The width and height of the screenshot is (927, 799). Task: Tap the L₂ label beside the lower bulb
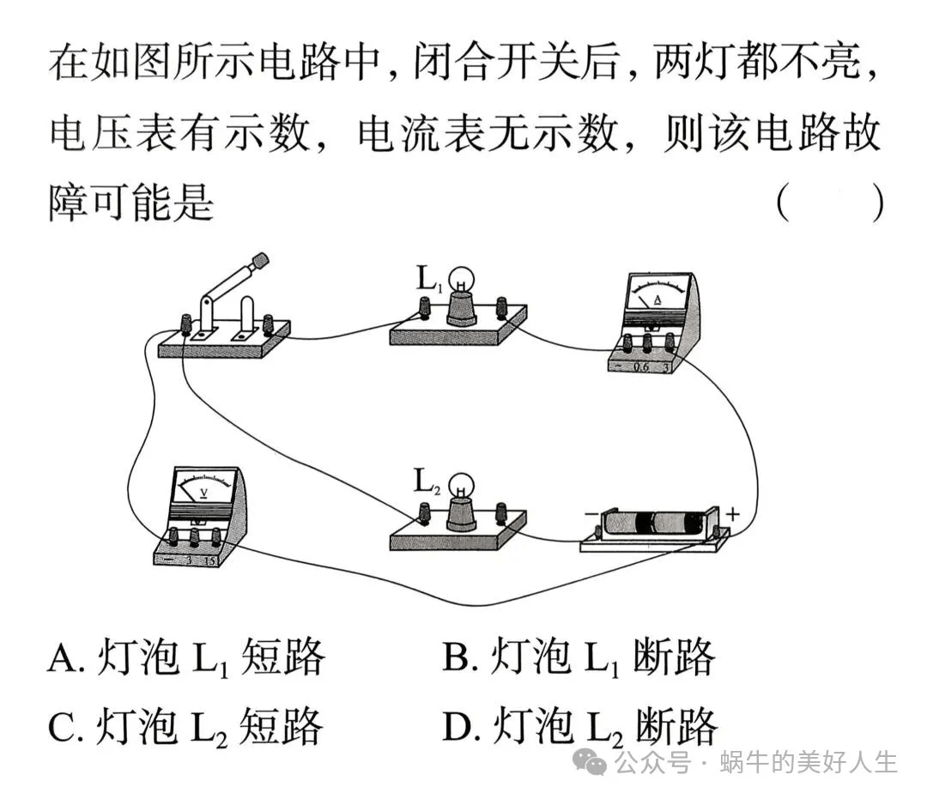tap(427, 482)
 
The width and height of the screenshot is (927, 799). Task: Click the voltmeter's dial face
tap(204, 490)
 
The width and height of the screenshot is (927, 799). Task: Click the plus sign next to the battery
tap(732, 514)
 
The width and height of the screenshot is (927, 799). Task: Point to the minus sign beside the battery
tap(591, 516)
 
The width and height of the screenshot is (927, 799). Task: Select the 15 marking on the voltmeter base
tap(209, 561)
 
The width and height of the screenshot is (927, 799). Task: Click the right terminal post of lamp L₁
tap(501, 306)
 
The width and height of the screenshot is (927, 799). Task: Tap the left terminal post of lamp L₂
tap(423, 513)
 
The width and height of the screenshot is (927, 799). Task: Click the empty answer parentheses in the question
tap(829, 204)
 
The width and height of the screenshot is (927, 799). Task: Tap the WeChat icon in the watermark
tap(591, 761)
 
